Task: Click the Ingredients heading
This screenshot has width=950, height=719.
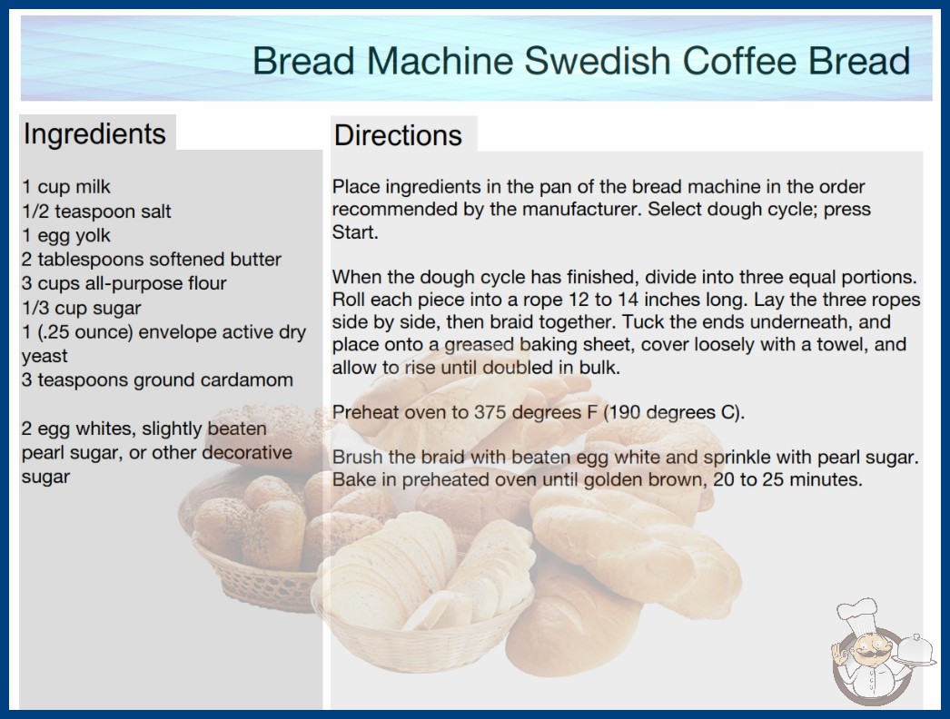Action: point(94,133)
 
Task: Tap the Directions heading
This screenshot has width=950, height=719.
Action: point(398,135)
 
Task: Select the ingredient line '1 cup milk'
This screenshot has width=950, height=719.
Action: point(66,187)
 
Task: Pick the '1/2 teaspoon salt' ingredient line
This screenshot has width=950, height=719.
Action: point(97,211)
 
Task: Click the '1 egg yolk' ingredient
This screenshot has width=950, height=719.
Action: point(66,235)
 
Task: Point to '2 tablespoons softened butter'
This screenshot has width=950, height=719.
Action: point(152,260)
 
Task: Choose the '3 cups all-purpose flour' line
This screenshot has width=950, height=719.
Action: point(124,283)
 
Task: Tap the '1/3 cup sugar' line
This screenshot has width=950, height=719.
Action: point(81,308)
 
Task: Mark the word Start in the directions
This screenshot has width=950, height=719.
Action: point(354,232)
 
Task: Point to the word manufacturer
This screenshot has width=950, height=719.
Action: point(579,209)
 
